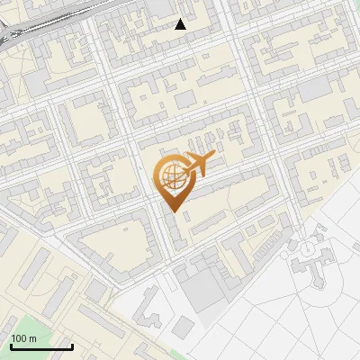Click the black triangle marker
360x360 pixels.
coord(181,24)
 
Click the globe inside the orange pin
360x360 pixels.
coord(171,176)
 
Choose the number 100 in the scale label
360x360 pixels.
coord(19,338)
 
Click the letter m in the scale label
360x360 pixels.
coord(32,339)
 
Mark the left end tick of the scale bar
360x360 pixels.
coord(11,345)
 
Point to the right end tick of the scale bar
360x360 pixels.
coord(72,345)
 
